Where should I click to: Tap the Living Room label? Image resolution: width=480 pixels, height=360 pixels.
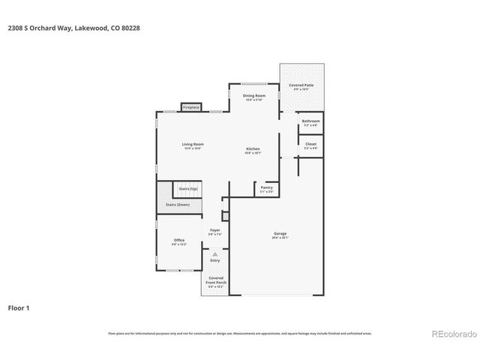193,144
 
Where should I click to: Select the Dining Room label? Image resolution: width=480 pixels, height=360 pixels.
253,96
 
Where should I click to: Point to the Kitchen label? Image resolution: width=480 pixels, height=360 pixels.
253,149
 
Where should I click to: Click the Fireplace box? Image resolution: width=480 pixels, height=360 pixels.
191,107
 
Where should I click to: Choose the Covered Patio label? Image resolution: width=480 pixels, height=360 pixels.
301,85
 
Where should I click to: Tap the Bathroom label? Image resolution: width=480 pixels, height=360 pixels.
310,121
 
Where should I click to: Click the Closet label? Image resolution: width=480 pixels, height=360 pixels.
310,143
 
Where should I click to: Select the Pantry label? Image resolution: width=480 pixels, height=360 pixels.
266,187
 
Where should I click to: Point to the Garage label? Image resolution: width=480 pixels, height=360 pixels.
280,234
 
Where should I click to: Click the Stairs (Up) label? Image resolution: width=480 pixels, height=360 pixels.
187,188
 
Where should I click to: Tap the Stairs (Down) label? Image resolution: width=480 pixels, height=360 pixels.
178,204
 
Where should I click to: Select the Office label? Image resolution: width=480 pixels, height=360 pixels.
179,240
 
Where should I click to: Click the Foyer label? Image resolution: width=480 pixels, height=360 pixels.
215,230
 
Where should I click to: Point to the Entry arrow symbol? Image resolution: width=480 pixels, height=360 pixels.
215,254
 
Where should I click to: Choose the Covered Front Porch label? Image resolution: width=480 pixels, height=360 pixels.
216,280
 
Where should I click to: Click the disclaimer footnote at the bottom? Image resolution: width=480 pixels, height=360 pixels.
240,333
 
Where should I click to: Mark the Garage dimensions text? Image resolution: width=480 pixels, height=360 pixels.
280,238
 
